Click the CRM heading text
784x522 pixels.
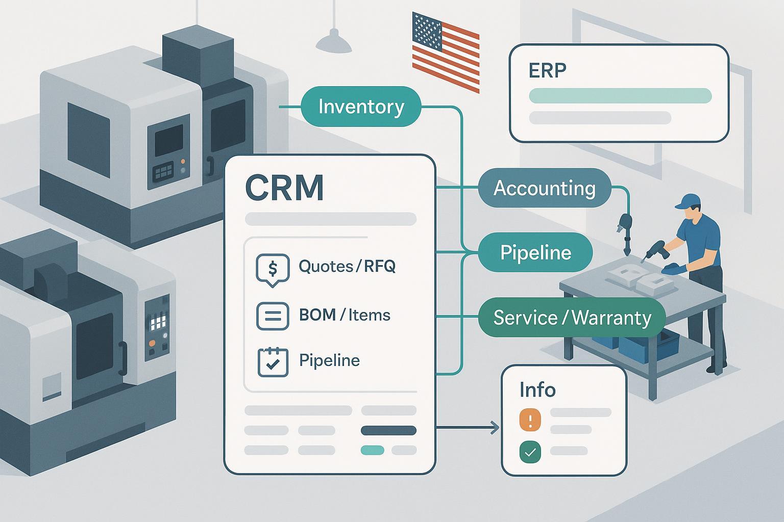click(x=284, y=188)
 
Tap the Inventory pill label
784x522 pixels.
click(x=361, y=107)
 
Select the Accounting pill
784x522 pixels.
click(x=544, y=188)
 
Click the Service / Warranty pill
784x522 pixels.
click(x=572, y=318)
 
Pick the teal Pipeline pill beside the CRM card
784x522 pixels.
click(x=535, y=252)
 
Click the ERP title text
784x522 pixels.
click(x=548, y=70)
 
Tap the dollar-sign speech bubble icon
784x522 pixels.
click(x=272, y=268)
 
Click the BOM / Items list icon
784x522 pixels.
click(x=272, y=315)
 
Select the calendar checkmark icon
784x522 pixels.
click(x=273, y=362)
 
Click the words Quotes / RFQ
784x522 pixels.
click(x=347, y=266)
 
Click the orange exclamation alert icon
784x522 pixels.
click(x=530, y=421)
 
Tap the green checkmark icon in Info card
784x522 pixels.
click(x=530, y=452)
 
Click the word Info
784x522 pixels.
click(x=537, y=390)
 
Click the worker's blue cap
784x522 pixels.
click(x=687, y=201)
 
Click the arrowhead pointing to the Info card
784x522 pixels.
click(x=495, y=428)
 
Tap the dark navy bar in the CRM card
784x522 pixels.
click(x=388, y=431)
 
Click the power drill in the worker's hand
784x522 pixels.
click(x=653, y=249)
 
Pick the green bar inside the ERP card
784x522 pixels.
click(x=620, y=95)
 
